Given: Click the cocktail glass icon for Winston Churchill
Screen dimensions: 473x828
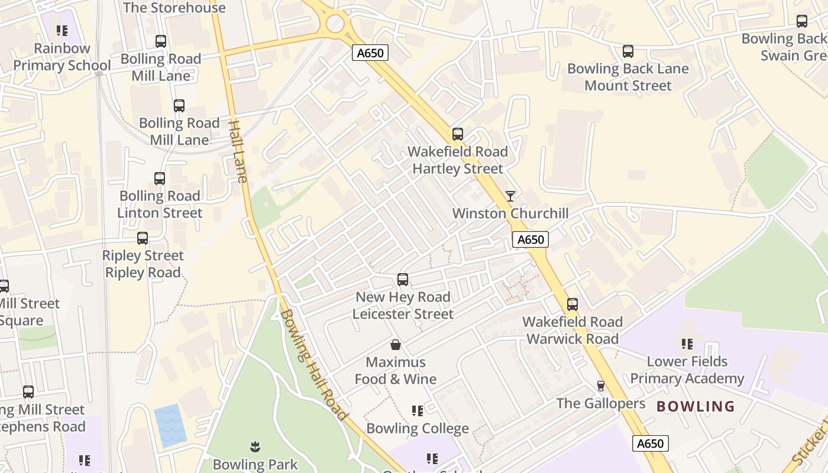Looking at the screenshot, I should click(510, 196).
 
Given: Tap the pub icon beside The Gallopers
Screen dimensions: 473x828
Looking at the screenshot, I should click(601, 386).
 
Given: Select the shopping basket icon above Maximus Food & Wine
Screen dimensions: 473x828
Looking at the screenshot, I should click(395, 344).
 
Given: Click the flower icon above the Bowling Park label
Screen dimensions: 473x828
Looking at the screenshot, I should click(255, 446).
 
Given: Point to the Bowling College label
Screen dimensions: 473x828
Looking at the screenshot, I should click(418, 428).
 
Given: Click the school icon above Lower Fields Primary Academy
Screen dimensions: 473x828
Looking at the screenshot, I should click(687, 344).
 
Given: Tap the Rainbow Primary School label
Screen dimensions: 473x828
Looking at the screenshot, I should click(62, 57).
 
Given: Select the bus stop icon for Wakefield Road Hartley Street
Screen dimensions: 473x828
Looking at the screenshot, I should click(457, 134).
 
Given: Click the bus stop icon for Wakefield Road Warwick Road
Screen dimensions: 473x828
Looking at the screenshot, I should click(572, 304).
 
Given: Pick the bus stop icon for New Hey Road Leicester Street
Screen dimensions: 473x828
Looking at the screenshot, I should click(403, 279).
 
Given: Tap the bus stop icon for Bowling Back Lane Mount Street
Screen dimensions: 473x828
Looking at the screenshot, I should click(628, 51).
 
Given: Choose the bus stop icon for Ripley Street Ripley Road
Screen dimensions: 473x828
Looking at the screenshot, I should click(143, 238).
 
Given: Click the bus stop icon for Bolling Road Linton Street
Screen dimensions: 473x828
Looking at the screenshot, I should click(160, 179).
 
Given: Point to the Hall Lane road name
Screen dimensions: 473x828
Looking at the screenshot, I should click(238, 151).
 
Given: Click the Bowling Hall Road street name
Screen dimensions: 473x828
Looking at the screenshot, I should click(313, 365).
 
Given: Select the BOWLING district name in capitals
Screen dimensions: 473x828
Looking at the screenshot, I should click(696, 406).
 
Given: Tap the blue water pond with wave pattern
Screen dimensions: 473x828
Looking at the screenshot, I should click(170, 425).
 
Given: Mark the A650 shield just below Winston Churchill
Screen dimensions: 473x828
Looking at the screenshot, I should click(530, 239).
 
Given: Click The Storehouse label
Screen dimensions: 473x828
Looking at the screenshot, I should click(174, 8).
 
